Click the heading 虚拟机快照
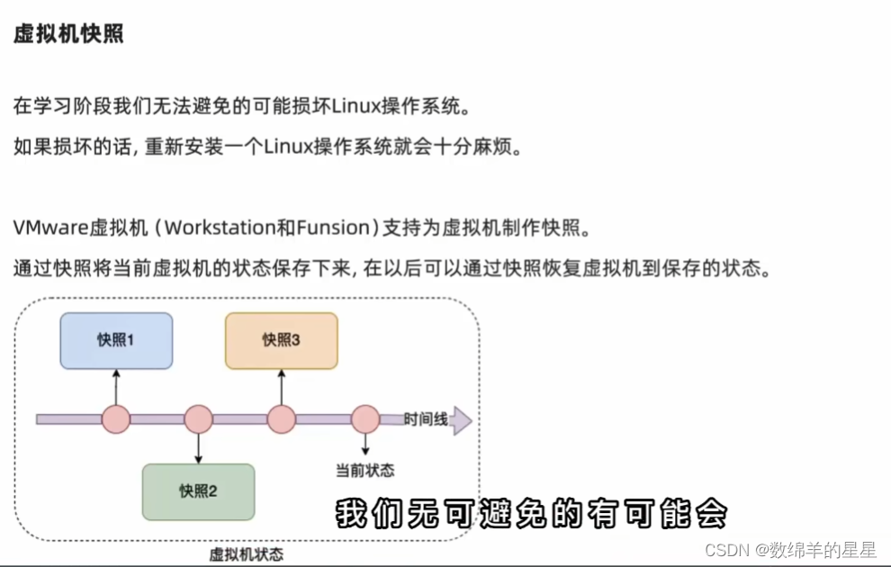(68, 35)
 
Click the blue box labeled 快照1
(116, 340)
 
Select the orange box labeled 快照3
(281, 340)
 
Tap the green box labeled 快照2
(198, 491)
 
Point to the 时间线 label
(426, 419)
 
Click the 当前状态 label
(364, 470)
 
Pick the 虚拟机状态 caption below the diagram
(246, 554)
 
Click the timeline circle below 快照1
(116, 419)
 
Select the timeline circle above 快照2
(198, 419)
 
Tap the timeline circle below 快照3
(282, 419)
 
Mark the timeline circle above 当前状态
(364, 419)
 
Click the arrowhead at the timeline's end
(461, 420)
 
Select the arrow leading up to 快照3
(282, 385)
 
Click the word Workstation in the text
(220, 228)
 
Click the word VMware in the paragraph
(51, 228)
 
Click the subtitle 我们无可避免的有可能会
(531, 515)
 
